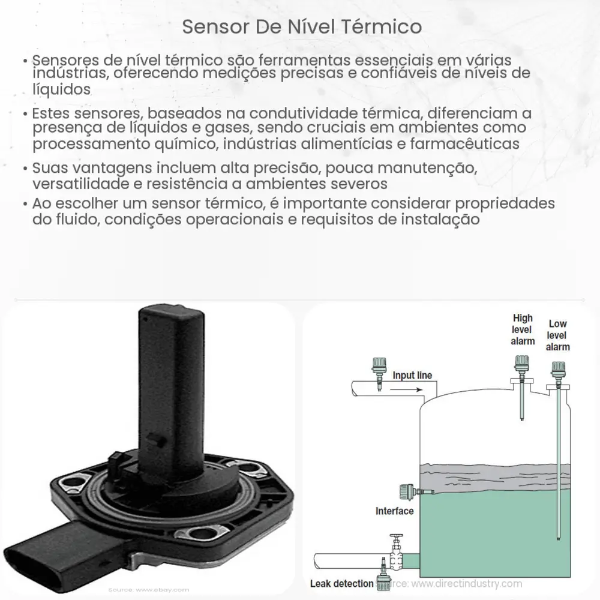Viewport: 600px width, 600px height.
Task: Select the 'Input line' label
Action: (412, 376)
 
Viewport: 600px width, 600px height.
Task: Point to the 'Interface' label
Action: (394, 511)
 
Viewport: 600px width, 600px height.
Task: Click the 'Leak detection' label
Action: (340, 583)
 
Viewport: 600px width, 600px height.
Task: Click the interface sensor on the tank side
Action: (403, 492)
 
